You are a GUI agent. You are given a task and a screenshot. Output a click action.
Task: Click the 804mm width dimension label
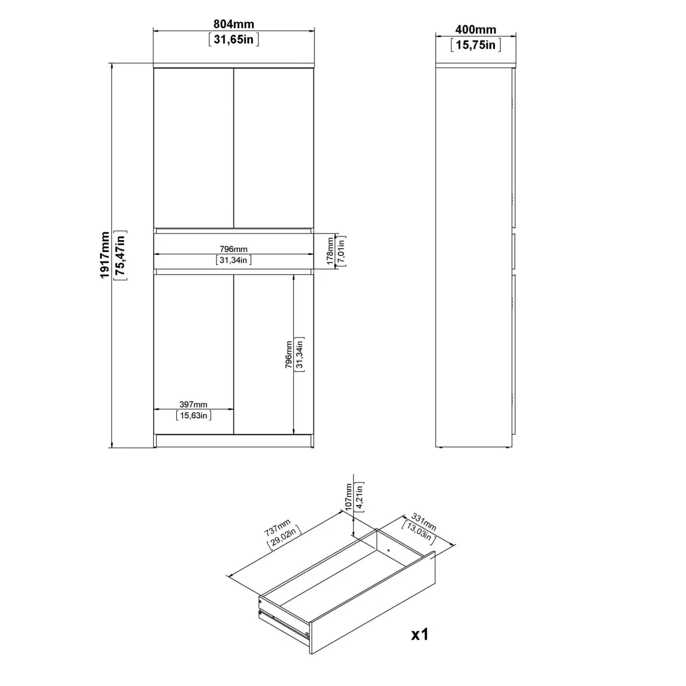point(234,24)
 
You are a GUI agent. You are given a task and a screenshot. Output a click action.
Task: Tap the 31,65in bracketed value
point(234,40)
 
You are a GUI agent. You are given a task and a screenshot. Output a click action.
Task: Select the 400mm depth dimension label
point(475,30)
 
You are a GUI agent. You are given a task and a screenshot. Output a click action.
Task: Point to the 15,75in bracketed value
point(475,44)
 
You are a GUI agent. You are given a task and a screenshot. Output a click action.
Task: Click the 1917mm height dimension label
point(105,255)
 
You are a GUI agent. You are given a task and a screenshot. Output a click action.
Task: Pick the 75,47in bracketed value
point(120,255)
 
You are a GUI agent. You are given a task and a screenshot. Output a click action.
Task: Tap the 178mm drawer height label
point(331,251)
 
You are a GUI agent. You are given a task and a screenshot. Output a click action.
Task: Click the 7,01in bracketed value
point(341,251)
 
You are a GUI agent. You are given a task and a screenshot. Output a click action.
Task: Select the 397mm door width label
point(193,405)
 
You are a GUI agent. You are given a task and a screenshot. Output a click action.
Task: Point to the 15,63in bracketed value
point(193,415)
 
